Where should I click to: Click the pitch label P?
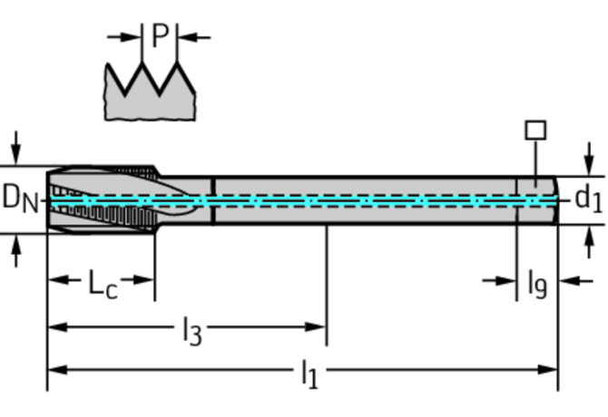click(160, 35)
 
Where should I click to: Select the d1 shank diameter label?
click(588, 198)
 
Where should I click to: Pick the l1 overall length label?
click(309, 373)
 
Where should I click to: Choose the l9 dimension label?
click(537, 284)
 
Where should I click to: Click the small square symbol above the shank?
click(535, 130)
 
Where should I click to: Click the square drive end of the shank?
click(535, 198)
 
